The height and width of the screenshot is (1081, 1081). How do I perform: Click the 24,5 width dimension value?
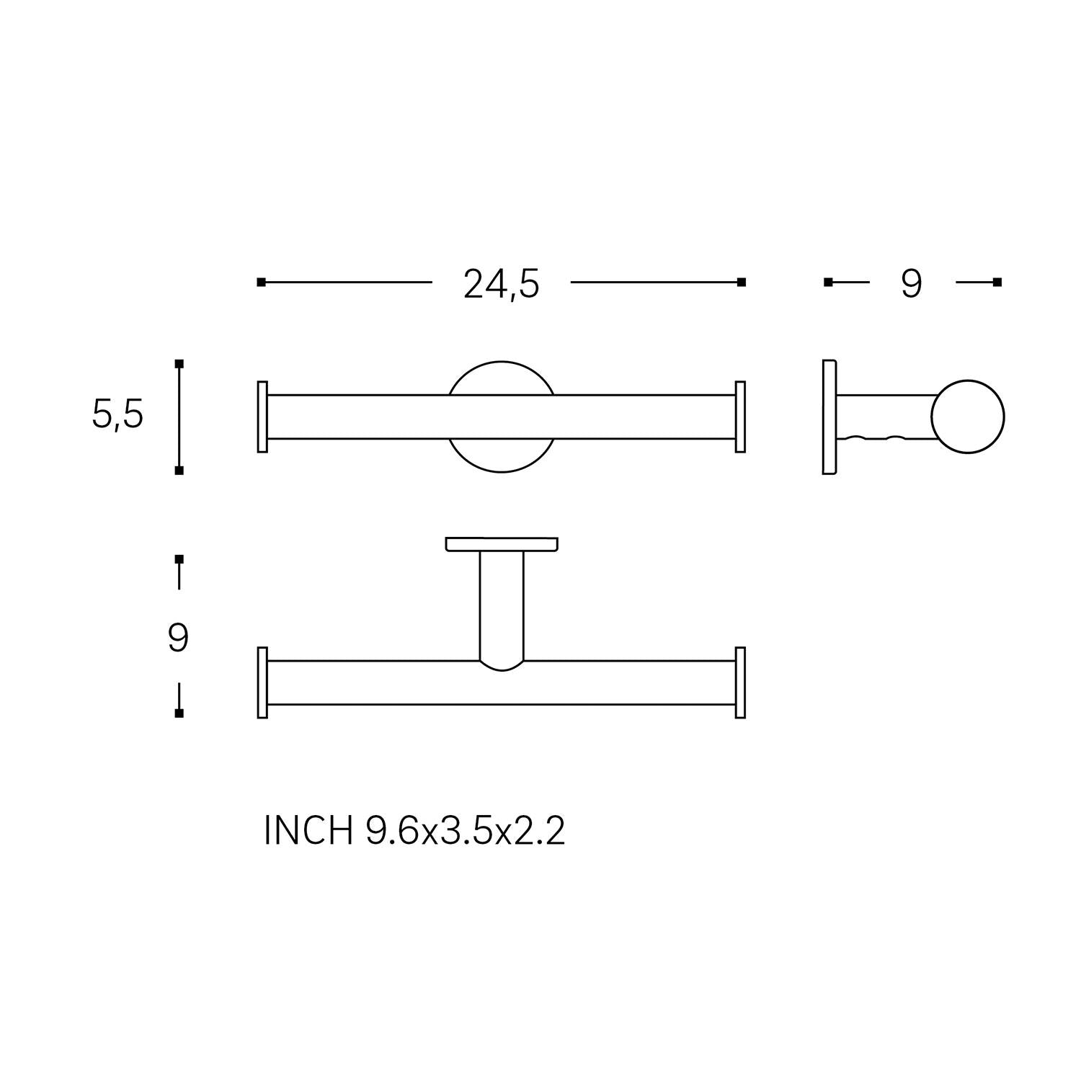[501, 285]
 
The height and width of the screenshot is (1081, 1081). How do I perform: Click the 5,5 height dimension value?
[117, 415]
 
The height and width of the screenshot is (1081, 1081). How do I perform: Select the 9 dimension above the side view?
[911, 284]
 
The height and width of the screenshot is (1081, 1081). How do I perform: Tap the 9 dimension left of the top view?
[178, 638]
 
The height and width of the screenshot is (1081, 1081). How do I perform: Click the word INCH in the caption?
[308, 831]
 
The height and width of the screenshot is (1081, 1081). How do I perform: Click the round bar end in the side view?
[967, 417]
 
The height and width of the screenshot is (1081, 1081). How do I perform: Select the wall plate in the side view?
[829, 417]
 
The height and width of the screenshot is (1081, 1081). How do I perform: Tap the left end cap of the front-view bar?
[262, 417]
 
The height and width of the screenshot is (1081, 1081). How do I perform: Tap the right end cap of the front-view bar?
[739, 417]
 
